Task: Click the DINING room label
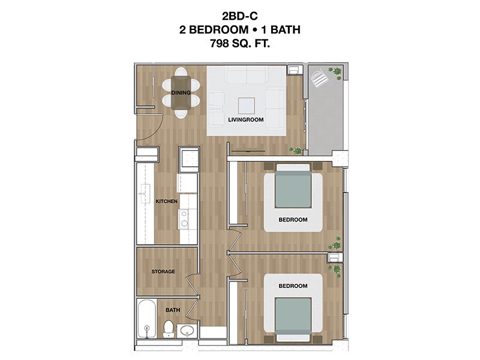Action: (181, 92)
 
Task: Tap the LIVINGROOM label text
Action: (246, 119)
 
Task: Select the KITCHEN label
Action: (167, 201)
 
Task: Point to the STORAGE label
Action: (163, 272)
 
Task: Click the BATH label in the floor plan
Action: (173, 310)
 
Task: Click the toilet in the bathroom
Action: (168, 328)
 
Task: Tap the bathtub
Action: (147, 319)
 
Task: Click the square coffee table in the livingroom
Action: (247, 106)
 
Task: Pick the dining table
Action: (181, 93)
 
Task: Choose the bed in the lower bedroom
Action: (293, 319)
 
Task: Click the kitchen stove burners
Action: (184, 218)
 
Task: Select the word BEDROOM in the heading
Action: (218, 29)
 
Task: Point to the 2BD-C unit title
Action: (240, 16)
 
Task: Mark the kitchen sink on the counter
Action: (145, 194)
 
